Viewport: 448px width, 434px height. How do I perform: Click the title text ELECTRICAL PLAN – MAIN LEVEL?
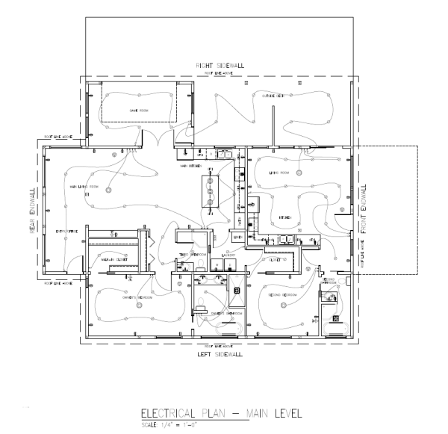coord(204,412)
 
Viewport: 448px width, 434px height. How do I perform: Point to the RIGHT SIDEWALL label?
coord(220,66)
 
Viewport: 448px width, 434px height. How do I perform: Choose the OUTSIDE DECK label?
coord(273,96)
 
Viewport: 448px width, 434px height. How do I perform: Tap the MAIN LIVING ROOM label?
coord(84,186)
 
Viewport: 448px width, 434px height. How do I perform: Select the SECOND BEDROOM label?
coord(282,296)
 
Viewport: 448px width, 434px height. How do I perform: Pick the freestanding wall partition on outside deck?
coord(273,122)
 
